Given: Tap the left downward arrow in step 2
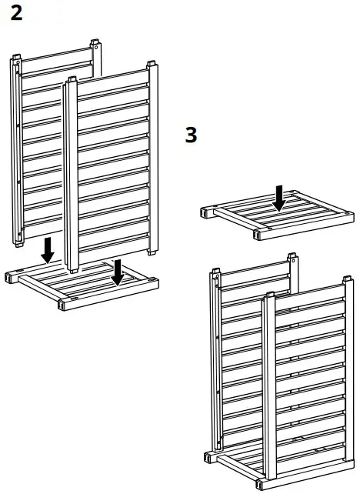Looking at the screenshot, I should [x=48, y=249].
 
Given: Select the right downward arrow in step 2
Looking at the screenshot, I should [x=117, y=271].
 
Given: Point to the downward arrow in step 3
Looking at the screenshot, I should [x=280, y=198].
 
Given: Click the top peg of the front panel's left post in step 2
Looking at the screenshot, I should [x=72, y=79].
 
